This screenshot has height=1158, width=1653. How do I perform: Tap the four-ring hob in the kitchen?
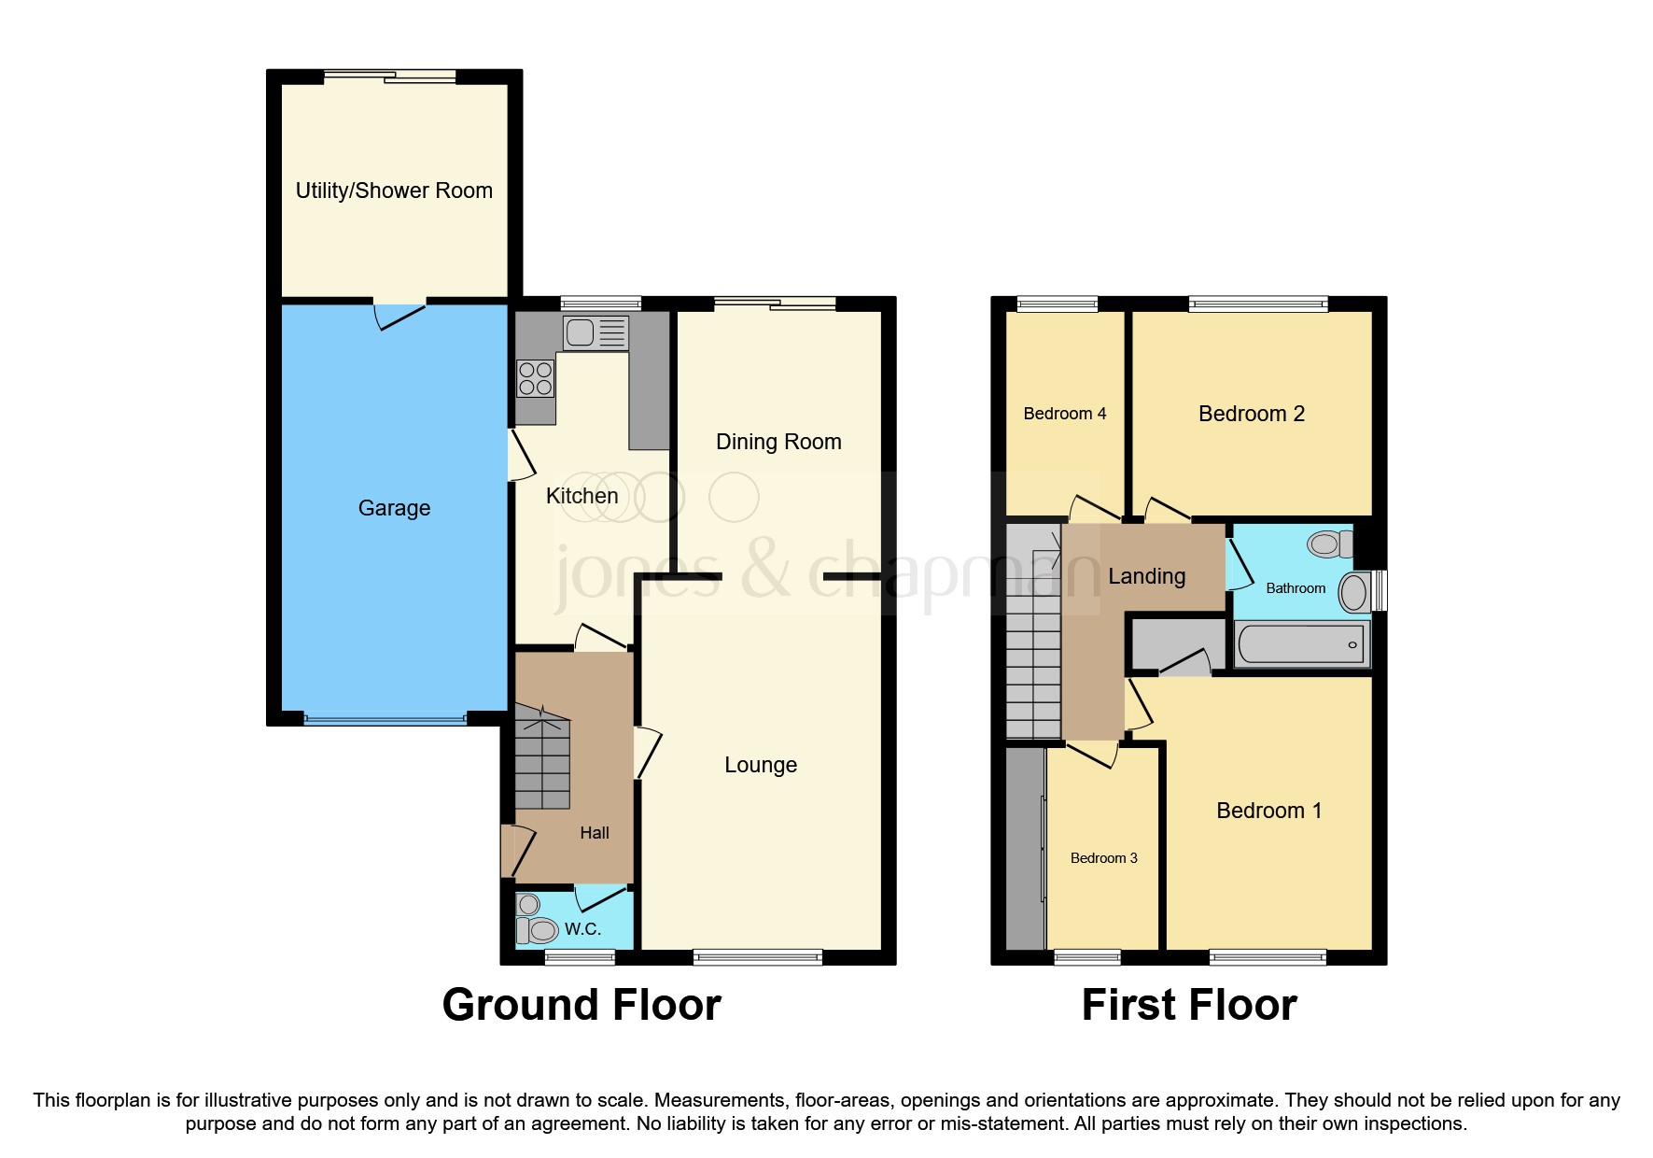(x=536, y=378)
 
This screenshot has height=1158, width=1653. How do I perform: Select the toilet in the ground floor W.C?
(x=539, y=929)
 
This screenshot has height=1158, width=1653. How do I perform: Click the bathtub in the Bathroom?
(x=1301, y=644)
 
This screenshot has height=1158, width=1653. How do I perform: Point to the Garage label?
(x=394, y=508)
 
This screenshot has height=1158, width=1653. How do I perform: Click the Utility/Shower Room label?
(x=394, y=191)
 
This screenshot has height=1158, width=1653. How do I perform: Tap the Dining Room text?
(x=778, y=442)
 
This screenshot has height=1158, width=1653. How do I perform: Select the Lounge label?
(x=761, y=765)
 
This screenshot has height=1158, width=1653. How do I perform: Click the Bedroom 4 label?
(x=1064, y=414)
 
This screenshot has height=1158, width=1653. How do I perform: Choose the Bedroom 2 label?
(x=1251, y=414)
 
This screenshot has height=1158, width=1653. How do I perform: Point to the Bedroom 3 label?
(x=1103, y=858)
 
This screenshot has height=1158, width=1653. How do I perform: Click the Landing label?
(x=1146, y=576)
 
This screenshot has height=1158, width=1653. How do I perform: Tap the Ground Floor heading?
(x=581, y=1005)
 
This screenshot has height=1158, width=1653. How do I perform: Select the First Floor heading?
(x=1188, y=1005)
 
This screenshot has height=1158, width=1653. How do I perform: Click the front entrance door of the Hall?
(x=516, y=850)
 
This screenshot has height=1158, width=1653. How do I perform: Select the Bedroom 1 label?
(x=1268, y=811)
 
